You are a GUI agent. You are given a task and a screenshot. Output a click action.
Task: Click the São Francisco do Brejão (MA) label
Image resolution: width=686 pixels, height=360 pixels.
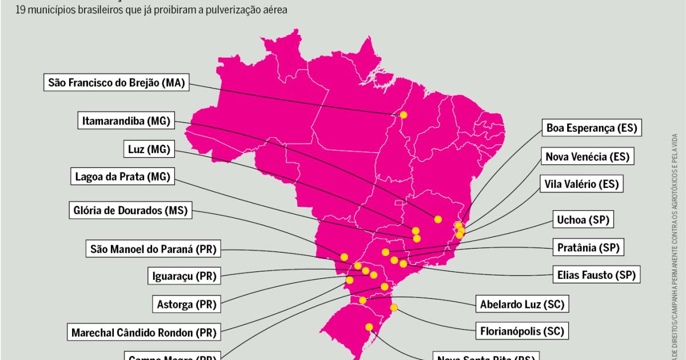pos(116,82)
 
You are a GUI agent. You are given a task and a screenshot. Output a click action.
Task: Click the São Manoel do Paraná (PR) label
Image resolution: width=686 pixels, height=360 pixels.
pos(153,249)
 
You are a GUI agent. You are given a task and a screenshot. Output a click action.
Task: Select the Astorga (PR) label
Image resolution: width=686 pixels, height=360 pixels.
pos(186,304)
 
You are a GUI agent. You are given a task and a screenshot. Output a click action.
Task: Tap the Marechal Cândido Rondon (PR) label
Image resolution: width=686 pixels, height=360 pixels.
pos(143,331)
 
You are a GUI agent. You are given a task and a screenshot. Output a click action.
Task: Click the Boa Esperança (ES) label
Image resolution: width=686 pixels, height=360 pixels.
pos(592,128)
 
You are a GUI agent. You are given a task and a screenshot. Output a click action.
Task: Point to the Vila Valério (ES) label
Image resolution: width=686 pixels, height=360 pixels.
pos(582,184)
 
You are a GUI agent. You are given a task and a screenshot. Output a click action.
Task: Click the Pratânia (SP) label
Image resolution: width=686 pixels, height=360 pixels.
pos(588,247)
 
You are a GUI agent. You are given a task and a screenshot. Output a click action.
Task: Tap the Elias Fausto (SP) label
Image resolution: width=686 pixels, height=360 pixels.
pos(596,275)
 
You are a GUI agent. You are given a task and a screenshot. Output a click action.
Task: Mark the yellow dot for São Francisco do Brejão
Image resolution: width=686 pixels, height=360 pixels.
pos(404,115)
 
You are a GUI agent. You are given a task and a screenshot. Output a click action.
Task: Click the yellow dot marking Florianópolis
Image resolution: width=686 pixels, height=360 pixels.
pos(393,308)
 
